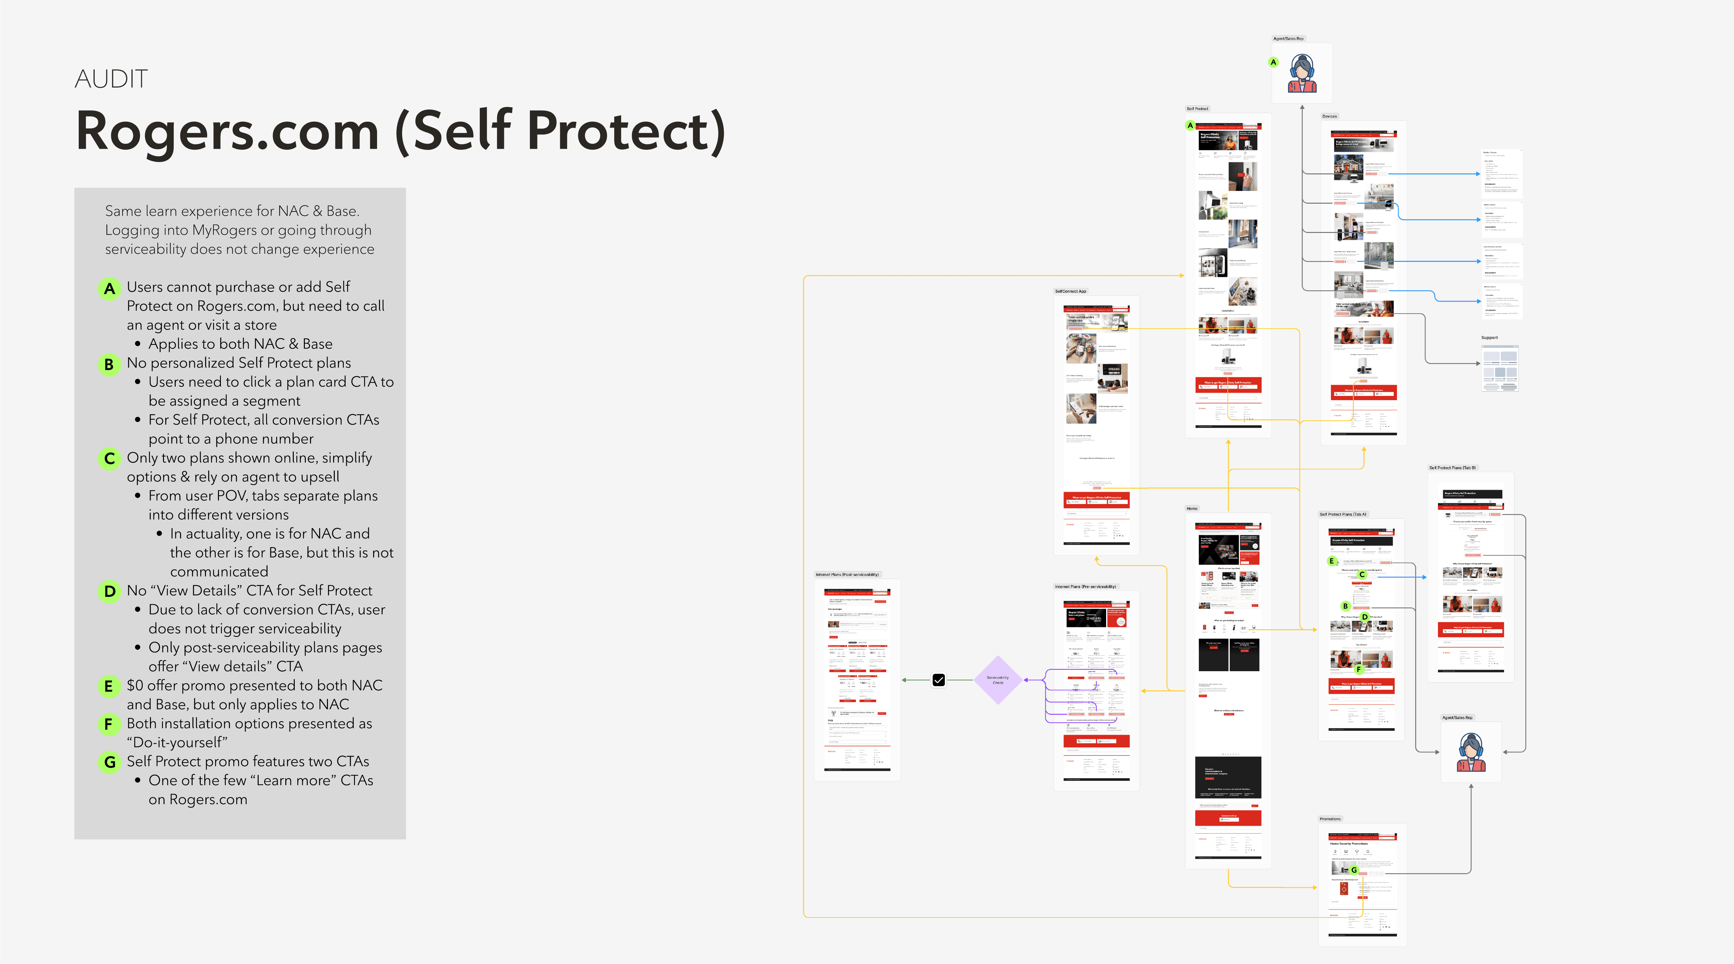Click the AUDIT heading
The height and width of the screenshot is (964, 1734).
coord(111,79)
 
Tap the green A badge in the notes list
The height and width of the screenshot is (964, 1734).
coord(109,289)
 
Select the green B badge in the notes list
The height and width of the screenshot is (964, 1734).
coord(109,364)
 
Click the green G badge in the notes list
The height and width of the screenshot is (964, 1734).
coord(109,762)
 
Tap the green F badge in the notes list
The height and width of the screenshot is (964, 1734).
coord(109,724)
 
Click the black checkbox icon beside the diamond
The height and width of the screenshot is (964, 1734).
coord(938,680)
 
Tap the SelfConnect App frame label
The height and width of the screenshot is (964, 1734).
coord(1070,292)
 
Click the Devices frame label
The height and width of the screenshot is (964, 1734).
coord(1329,116)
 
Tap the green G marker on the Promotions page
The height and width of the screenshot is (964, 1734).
coord(1354,870)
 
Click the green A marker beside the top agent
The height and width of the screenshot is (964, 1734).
coord(1273,62)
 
